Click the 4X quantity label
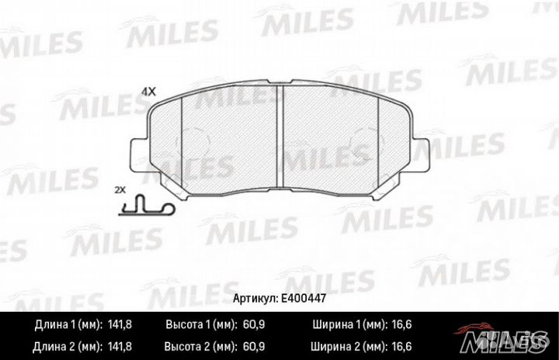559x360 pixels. pyautogui.click(x=148, y=92)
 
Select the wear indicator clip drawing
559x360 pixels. pyautogui.click(x=146, y=206)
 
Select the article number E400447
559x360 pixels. pyautogui.click(x=305, y=296)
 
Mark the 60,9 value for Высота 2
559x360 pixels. pyautogui.click(x=248, y=344)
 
